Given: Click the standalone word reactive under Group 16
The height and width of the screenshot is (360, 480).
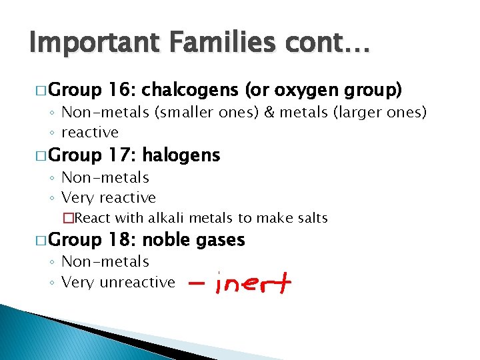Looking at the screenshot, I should click(89, 132).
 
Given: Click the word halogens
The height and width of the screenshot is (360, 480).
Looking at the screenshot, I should click(181, 155).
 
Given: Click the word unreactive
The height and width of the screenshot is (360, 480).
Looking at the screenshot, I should click(137, 283).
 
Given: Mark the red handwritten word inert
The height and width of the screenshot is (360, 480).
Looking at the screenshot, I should click(254, 285).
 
